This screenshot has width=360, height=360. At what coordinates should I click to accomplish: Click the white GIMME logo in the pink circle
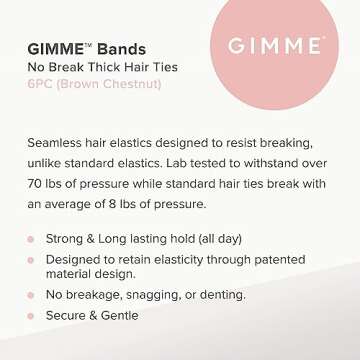click(x=273, y=46)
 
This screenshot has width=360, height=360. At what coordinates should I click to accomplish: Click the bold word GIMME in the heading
click(x=56, y=50)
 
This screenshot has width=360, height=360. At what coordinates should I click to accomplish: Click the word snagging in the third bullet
click(x=154, y=295)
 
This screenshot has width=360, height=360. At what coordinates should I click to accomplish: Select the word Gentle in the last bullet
click(x=126, y=315)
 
